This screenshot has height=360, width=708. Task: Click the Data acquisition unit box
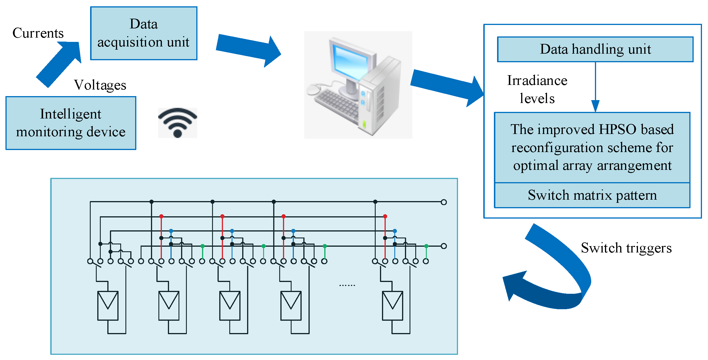click(x=143, y=33)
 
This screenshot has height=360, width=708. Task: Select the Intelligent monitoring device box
click(x=71, y=123)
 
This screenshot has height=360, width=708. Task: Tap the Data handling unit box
click(x=595, y=49)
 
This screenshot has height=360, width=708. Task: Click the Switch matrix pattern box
click(x=592, y=195)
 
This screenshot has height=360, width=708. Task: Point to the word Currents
click(x=38, y=33)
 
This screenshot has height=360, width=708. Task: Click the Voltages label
click(x=100, y=85)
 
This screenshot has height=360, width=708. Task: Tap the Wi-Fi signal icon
click(x=177, y=123)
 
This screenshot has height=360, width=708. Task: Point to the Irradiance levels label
click(x=537, y=89)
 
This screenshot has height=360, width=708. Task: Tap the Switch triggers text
click(x=626, y=248)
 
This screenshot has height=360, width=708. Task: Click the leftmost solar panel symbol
click(x=108, y=305)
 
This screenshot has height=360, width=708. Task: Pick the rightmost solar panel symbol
click(x=392, y=305)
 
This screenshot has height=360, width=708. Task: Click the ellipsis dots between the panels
click(x=347, y=285)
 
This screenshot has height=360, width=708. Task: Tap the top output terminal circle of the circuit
click(x=444, y=202)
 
